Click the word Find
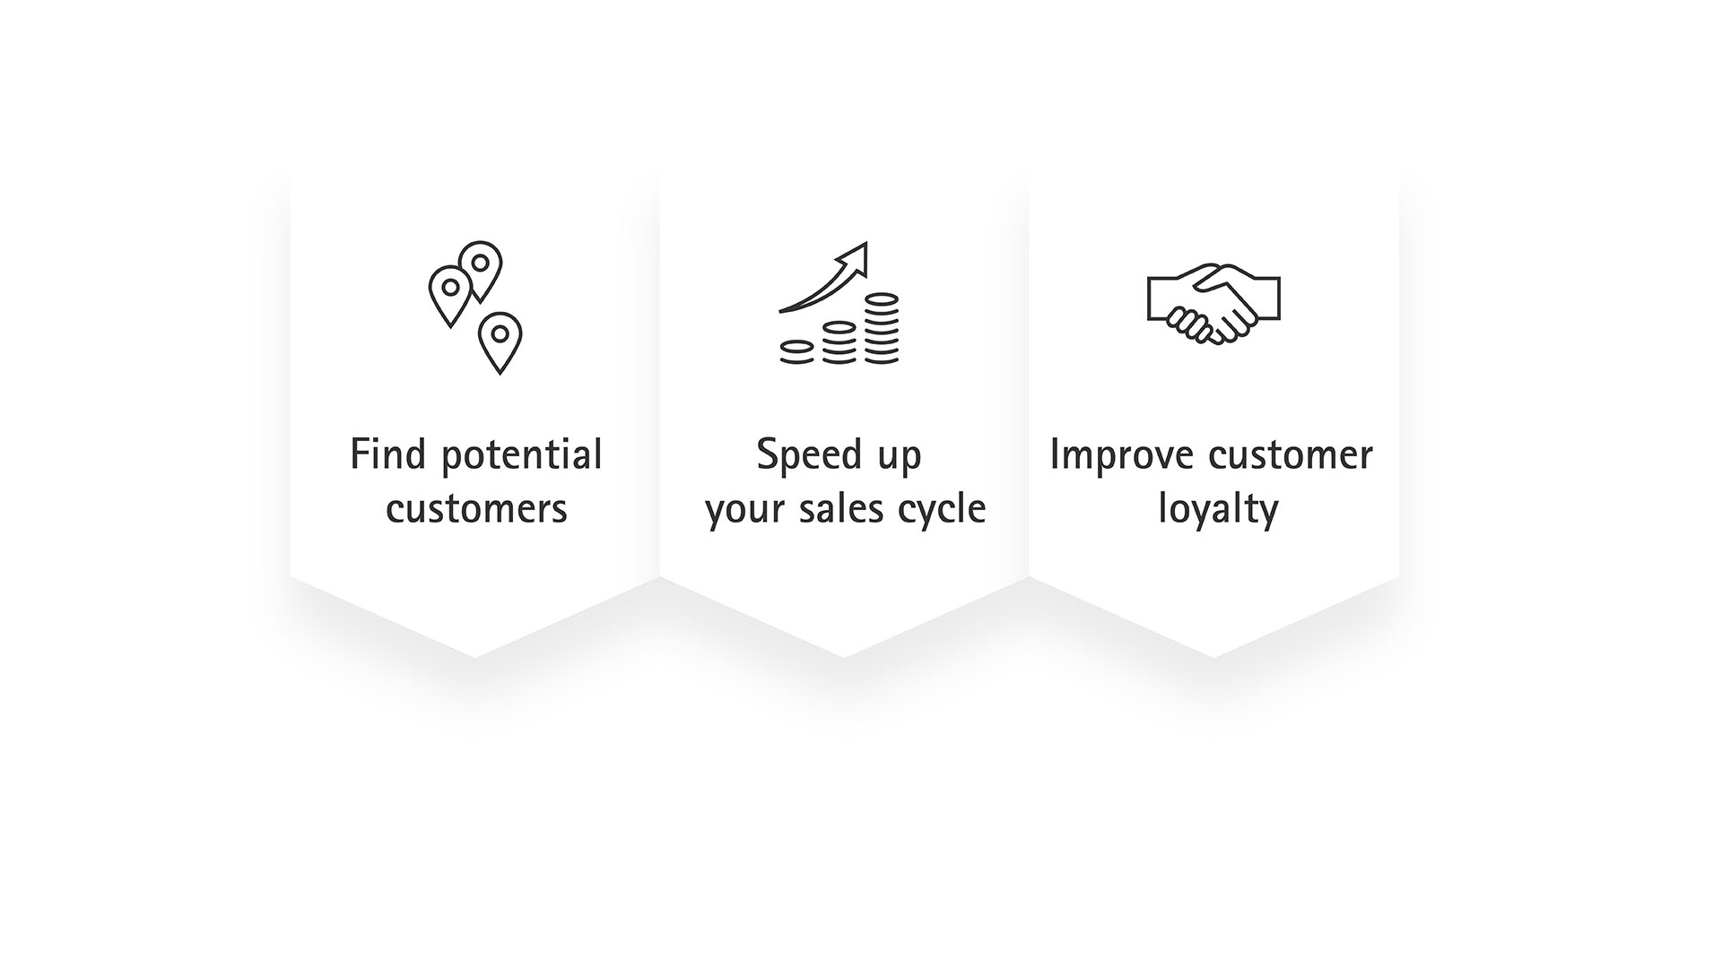tap(387, 454)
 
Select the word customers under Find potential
tap(476, 509)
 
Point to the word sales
tap(818, 508)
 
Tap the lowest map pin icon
tap(500, 342)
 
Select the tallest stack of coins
tap(882, 328)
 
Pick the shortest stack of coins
tap(796, 351)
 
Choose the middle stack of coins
tap(839, 342)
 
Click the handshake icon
tap(1213, 304)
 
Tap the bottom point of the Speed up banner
tap(844, 657)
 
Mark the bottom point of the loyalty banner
tap(1213, 657)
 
